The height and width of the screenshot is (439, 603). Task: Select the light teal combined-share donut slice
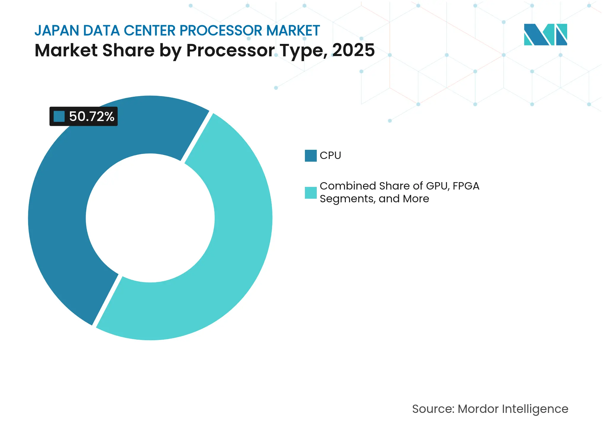point(237,237)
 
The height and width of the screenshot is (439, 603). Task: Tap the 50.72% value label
point(91,117)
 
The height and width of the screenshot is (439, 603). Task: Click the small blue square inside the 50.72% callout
point(59,117)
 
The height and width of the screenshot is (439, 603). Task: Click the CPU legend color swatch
point(311,156)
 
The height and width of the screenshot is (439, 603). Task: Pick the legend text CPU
point(330,155)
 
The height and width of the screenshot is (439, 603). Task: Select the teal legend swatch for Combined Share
point(311,193)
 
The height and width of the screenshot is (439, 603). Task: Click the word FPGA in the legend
point(466,186)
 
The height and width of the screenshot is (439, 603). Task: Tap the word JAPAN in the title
point(57,31)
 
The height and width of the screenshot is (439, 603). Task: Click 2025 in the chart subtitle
point(353,50)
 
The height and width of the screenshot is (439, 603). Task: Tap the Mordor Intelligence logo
point(545,35)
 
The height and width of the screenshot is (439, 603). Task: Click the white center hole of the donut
point(150,218)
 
